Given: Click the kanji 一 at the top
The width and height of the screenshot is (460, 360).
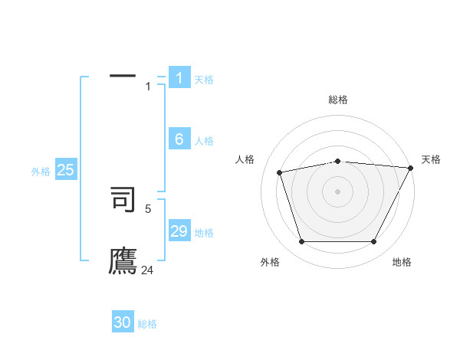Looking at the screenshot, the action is pos(122,76).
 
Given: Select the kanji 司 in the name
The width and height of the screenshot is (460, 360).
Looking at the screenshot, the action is pos(123,198).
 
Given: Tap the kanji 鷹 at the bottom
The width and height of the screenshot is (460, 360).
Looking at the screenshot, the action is pos(123,261).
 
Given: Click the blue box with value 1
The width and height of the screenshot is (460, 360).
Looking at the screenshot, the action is pos(179,77).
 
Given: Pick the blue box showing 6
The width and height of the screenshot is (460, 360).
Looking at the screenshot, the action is pos(179,139).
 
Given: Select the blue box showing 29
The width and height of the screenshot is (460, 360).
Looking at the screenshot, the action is pos(179,231).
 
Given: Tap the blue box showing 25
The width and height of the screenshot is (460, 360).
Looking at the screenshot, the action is pos(65,170).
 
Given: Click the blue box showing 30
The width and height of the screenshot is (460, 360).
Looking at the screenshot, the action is pos(123,322).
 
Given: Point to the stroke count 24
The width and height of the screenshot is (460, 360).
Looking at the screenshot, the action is pos(147,270).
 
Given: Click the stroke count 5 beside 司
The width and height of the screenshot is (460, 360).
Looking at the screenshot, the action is pos(149,208).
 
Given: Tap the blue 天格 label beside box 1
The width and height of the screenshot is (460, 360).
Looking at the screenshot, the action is pos(204,79).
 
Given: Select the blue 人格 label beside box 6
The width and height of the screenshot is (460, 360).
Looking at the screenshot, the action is pos(204,141).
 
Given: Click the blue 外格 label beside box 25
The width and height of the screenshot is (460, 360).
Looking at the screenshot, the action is pos(41,172).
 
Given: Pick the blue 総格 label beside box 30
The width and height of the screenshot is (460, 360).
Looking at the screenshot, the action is pos(147,324).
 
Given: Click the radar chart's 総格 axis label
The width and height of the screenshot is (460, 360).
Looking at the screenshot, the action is pos(337,100).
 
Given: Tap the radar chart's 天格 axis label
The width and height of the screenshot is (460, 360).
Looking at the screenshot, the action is pos(431,159).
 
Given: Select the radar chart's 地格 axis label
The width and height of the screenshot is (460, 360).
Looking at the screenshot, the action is pos(402,262).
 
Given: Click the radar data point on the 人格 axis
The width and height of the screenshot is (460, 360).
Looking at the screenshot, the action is pos(280,172).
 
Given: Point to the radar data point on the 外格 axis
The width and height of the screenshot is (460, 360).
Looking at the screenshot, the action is pos(301,242).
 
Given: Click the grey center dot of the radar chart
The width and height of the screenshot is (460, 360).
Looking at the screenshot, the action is pos(337,191).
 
